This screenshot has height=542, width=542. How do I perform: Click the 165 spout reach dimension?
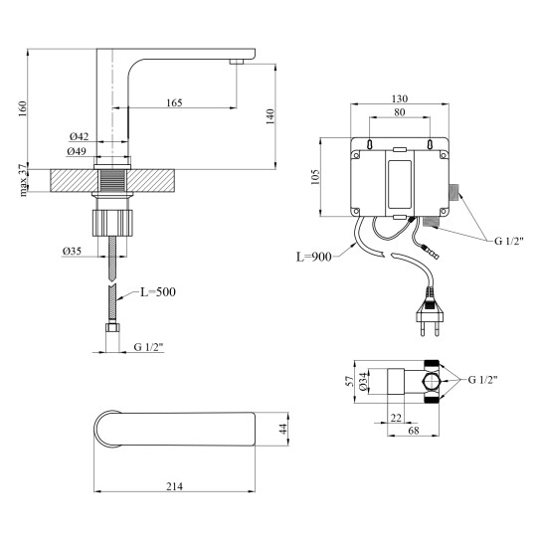pos(174,103)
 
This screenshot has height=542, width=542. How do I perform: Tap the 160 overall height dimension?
pos(23,108)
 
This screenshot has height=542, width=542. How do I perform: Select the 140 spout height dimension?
pos(271,116)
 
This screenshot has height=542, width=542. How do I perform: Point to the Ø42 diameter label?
pos(79,136)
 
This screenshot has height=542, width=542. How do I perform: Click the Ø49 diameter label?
pos(77,151)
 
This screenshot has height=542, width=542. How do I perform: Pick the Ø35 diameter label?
pos(72,252)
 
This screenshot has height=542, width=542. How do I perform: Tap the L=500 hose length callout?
pos(158,292)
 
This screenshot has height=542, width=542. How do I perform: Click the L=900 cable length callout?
pos(314,257)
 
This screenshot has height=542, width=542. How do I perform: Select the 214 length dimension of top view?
pos(175,486)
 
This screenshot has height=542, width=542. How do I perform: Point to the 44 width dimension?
pos(283,429)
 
